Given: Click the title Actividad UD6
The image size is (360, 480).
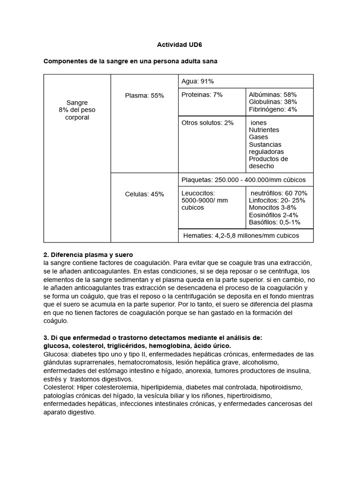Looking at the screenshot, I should pos(180,45).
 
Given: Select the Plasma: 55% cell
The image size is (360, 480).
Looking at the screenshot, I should pos(144,96).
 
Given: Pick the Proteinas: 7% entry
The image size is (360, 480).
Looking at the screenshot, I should pos(202,95).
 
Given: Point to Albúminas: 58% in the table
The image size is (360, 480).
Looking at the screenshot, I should pos(273,95).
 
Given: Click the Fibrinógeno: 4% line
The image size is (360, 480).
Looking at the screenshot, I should pos(273,109).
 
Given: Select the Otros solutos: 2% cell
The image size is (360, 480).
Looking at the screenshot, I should pos(207,123).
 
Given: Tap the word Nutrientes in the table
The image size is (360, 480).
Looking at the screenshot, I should pos(264,130).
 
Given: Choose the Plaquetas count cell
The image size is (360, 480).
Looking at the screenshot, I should pos(243,180).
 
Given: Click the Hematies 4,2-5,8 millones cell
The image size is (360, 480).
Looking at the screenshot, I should pos(241,235).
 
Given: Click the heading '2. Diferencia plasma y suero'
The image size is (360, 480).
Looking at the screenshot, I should pos(88,255).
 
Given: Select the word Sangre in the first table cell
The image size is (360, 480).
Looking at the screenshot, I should pos(77,103).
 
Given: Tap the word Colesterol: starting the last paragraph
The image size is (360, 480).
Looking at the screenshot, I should pos(60,388).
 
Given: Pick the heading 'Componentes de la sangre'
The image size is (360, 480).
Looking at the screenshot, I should pos(130,61).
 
